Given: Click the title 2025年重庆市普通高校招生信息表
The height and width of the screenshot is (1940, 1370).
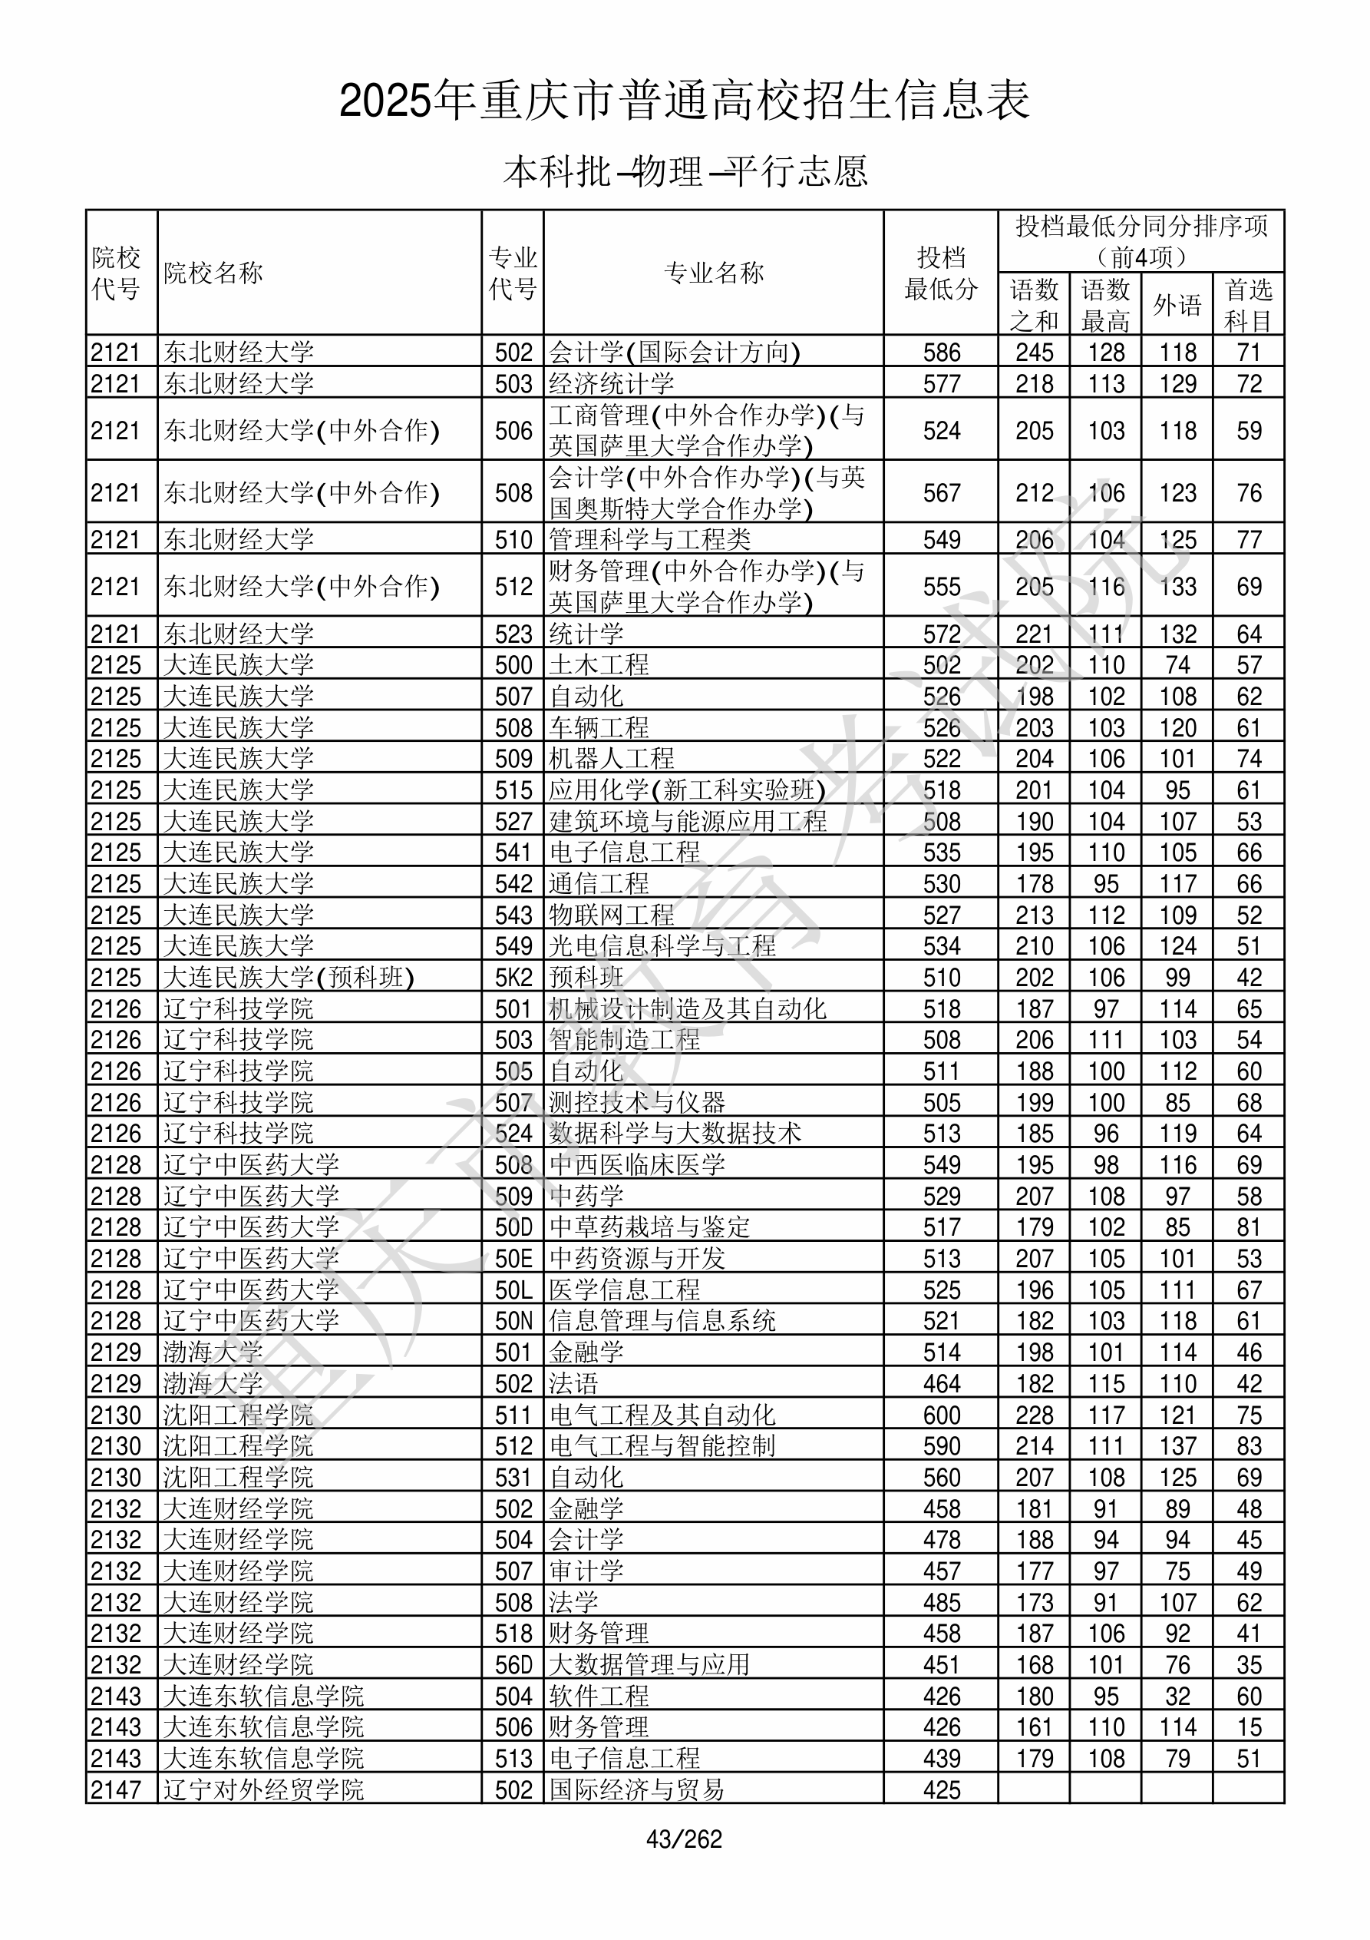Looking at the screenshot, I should pyautogui.click(x=684, y=101).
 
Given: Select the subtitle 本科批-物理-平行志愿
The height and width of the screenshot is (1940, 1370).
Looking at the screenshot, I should pyautogui.click(x=684, y=171).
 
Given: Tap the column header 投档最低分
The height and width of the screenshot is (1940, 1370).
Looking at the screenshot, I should pyautogui.click(x=941, y=273).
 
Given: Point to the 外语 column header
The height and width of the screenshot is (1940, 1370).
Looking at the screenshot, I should pyautogui.click(x=1177, y=304).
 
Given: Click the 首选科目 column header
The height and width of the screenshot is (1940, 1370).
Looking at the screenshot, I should pyautogui.click(x=1249, y=304).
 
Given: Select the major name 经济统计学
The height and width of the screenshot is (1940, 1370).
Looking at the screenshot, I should pyautogui.click(x=612, y=383).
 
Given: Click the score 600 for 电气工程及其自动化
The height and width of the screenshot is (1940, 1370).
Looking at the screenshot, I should pyautogui.click(x=942, y=1415).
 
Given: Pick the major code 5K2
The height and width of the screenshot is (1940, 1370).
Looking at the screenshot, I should pyautogui.click(x=513, y=978).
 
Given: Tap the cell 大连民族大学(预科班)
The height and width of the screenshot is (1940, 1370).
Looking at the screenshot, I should pyautogui.click(x=289, y=978).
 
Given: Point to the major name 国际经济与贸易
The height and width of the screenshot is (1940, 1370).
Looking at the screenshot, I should pyautogui.click(x=637, y=1789).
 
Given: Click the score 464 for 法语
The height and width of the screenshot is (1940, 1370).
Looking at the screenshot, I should pyautogui.click(x=942, y=1384).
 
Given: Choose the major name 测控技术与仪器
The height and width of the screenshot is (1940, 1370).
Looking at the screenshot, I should pyautogui.click(x=637, y=1103).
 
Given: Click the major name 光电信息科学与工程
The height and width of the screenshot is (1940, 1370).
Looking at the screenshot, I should pyautogui.click(x=662, y=946).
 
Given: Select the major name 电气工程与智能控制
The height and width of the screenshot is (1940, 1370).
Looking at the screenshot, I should pyautogui.click(x=662, y=1446).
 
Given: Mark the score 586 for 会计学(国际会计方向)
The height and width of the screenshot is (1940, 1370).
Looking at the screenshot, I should pyautogui.click(x=942, y=353).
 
